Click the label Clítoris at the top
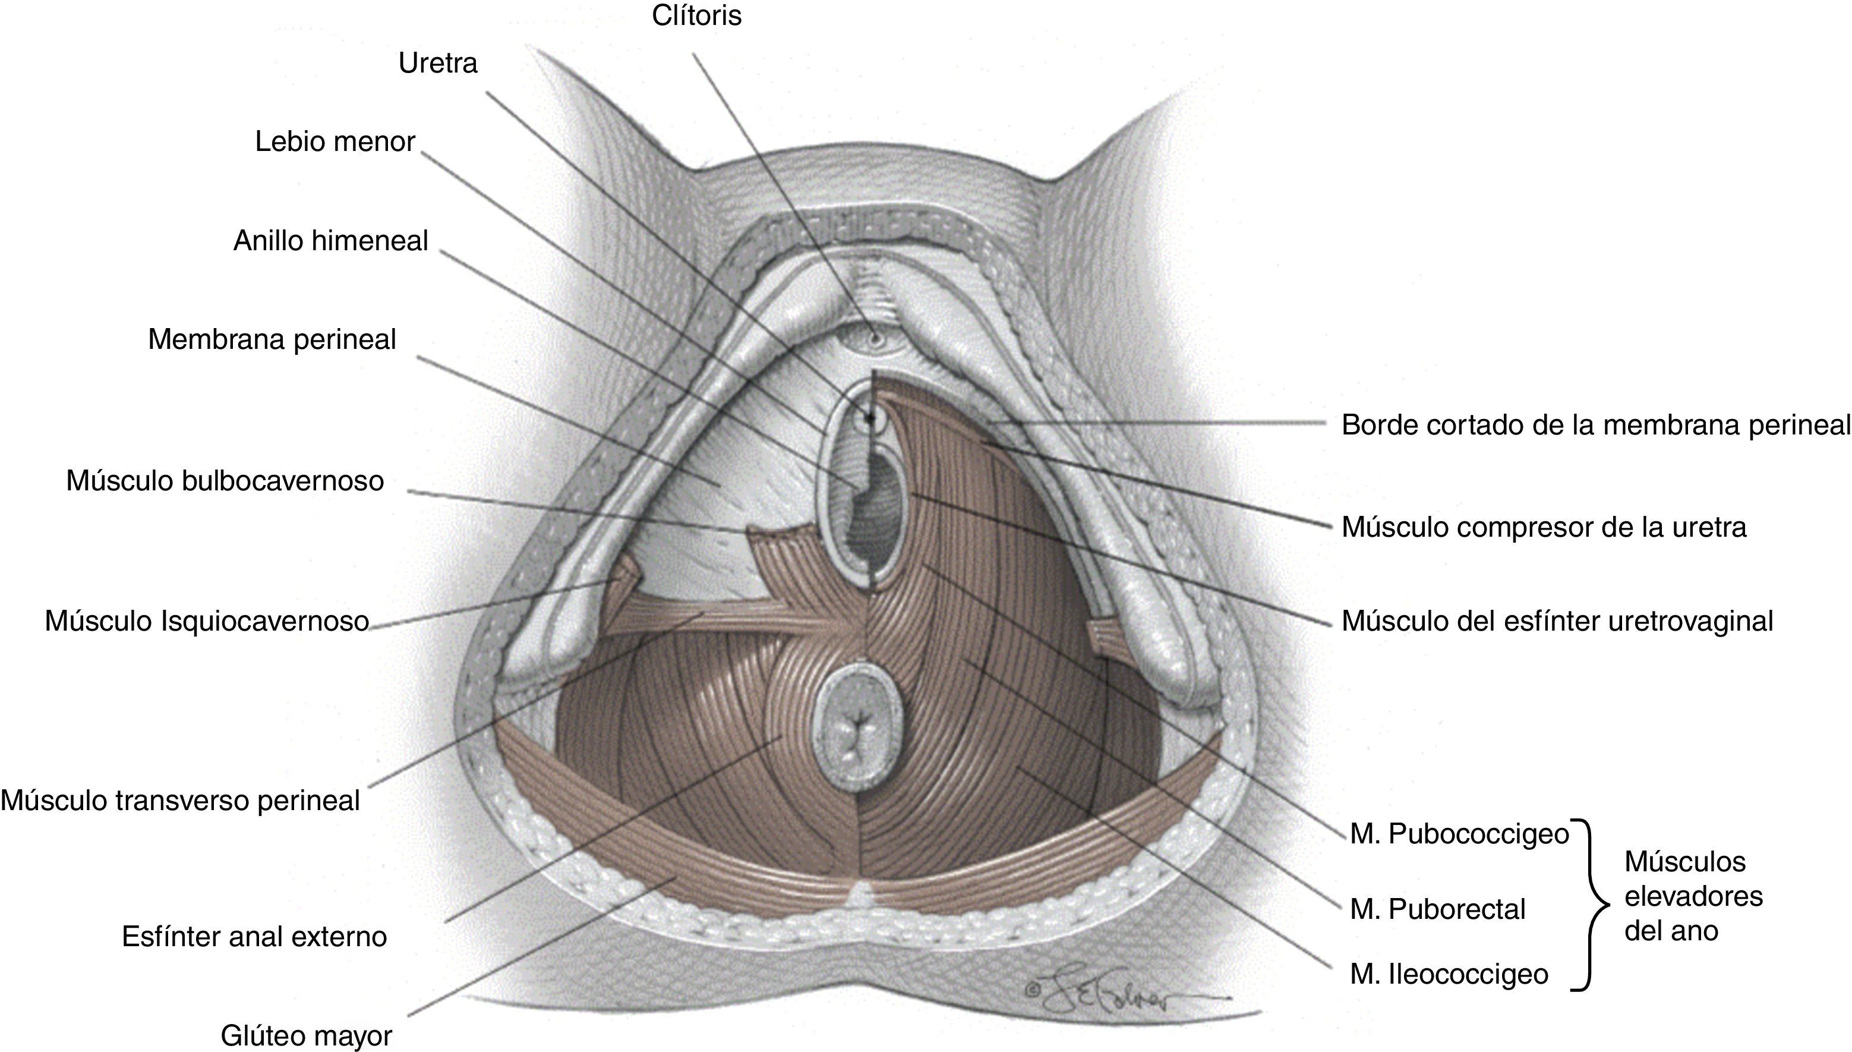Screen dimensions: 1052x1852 [x=696, y=16]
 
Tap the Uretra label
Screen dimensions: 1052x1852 [x=438, y=64]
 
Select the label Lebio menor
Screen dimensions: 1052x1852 [x=335, y=141]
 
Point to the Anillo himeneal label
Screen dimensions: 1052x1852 [x=330, y=241]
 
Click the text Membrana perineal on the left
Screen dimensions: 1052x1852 [x=272, y=339]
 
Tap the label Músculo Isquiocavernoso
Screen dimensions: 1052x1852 [x=207, y=621]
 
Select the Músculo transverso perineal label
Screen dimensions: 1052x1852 [x=180, y=801]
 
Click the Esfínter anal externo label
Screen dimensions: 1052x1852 [x=254, y=936]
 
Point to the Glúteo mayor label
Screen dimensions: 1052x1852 [x=305, y=1035]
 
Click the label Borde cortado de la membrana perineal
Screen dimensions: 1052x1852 [x=1595, y=426]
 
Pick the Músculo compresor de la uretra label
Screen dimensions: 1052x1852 [x=1544, y=527]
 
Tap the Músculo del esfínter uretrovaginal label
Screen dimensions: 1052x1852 [x=1557, y=621]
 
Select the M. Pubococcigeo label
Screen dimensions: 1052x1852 [x=1459, y=834]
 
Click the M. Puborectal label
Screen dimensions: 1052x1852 [x=1437, y=909]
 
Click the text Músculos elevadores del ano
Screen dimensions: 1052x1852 [x=1693, y=896]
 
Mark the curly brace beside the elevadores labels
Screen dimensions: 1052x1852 [x=1593, y=904]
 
